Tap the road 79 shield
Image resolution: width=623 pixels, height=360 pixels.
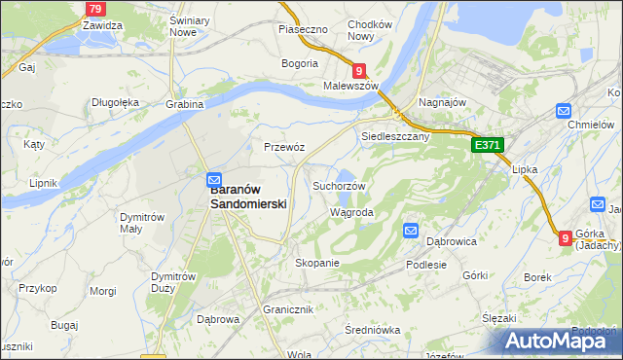(93, 9)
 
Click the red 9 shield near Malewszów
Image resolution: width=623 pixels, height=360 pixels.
(359, 70)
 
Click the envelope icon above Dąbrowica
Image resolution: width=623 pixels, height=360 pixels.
(411, 231)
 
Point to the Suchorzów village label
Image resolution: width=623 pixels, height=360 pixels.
(339, 186)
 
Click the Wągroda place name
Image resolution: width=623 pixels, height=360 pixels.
(351, 212)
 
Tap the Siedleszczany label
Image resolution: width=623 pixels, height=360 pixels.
(395, 137)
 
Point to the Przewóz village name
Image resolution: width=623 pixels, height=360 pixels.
(285, 147)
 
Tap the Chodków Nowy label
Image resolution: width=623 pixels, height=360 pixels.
(369, 30)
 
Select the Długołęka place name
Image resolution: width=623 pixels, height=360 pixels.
(116, 101)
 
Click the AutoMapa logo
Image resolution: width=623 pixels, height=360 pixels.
(559, 341)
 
